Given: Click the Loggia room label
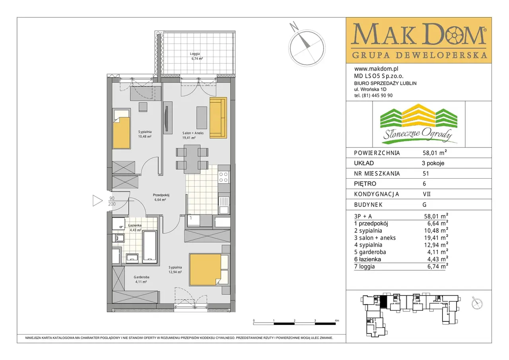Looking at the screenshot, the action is pos(195,54).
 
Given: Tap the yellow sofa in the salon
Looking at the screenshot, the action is pos(218,118).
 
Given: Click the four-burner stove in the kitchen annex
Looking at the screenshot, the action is pos(223,177).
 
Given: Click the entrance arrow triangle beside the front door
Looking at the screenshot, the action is pos(97,200).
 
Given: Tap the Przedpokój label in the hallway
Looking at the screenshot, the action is pos(161,195).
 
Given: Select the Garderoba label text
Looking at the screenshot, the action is pos(141,277).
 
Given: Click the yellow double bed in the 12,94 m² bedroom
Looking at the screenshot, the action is pos(206,269).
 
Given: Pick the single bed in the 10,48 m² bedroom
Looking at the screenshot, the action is pos(122,129).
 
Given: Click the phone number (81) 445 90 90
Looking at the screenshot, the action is pos(377,95).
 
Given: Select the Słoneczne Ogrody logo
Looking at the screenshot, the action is pos(419,124).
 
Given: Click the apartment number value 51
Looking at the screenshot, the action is pos(425,174).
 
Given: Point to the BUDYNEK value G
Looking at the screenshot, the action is pos(424,205).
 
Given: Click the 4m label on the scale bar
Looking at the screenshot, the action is pos(337,321).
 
